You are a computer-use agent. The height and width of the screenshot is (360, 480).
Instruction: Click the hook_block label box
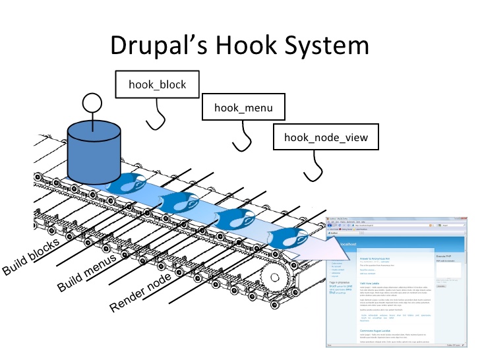158,84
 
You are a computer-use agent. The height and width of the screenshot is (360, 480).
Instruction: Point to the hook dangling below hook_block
156,120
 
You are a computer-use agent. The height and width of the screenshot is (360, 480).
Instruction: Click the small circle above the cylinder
92,104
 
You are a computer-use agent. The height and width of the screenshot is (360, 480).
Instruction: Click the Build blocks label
31,256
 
